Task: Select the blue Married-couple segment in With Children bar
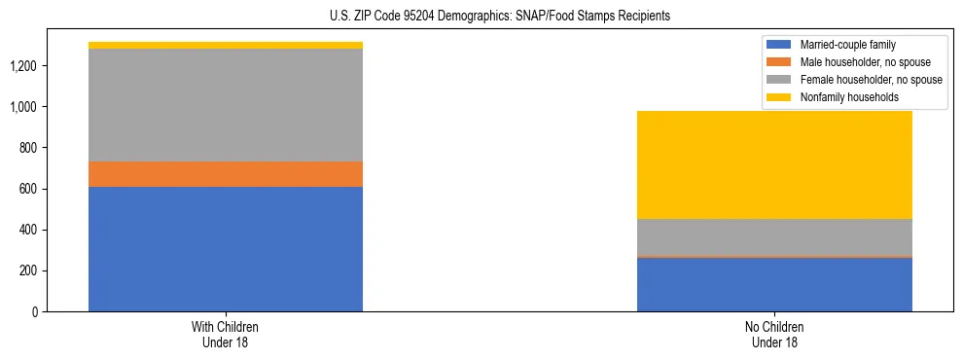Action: pos(226,249)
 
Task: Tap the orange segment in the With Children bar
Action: pos(226,174)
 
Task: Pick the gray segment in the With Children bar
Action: pos(226,105)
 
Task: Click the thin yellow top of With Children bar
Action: pos(226,46)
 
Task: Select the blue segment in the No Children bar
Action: pos(774,284)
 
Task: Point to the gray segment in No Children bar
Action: pos(774,237)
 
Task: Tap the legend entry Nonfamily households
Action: pos(841,97)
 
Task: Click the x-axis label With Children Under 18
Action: pos(226,335)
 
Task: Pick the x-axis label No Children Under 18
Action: pos(774,335)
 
